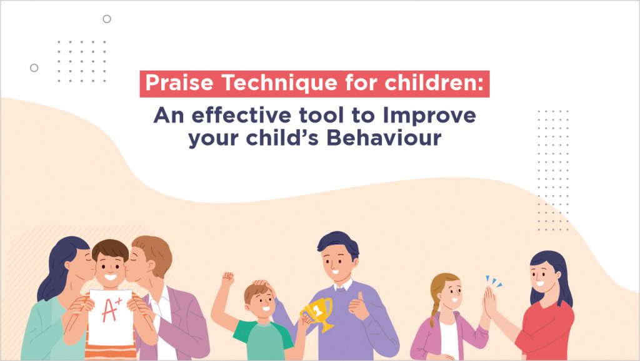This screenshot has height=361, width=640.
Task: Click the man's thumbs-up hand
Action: point(358,305)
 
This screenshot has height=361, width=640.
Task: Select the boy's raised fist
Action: point(227,278)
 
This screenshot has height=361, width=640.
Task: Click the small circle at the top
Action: point(107,19)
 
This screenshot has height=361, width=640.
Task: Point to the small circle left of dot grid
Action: point(34,68)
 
